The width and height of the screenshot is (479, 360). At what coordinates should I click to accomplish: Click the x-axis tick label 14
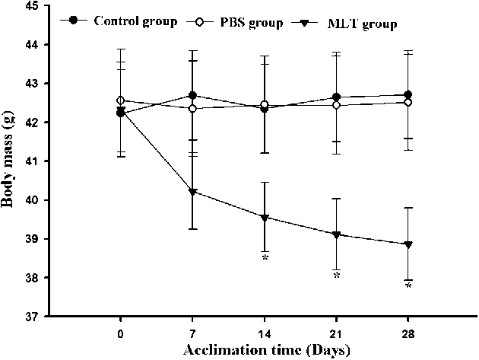pos(265,333)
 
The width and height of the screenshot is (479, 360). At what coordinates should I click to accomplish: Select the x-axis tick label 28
pos(408,333)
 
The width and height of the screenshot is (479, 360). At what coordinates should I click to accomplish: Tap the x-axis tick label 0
pos(121,333)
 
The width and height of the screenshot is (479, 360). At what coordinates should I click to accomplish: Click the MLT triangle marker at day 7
pos(193,192)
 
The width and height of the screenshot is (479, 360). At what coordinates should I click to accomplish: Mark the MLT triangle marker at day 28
pos(408,244)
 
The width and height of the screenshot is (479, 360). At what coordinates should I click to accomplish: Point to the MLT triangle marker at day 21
pos(337,234)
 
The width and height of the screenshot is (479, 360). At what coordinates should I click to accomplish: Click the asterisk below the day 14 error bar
pos(265,259)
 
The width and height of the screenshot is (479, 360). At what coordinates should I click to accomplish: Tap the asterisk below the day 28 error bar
pos(408,286)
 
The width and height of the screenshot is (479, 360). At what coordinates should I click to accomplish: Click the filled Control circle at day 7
pos(193,96)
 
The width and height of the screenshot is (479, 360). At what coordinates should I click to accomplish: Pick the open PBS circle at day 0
pos(121,100)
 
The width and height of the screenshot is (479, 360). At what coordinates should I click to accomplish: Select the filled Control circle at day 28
pos(408,95)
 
